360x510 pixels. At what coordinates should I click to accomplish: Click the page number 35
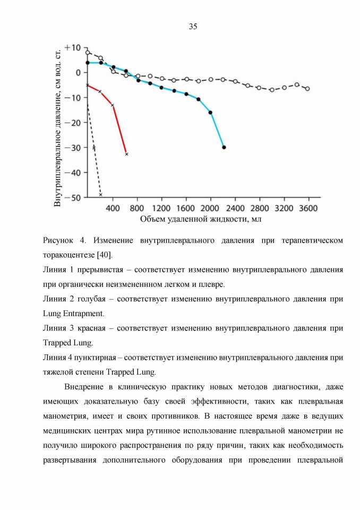(x=193, y=27)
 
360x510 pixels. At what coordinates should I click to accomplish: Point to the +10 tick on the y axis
(x=73, y=47)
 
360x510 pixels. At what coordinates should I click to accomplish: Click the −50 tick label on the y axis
(x=73, y=198)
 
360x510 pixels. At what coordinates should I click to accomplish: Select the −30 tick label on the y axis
(x=73, y=147)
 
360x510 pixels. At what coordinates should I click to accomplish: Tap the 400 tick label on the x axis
(x=113, y=208)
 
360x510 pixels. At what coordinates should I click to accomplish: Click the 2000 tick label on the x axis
(x=210, y=208)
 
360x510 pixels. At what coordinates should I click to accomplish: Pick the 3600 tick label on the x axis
(x=308, y=208)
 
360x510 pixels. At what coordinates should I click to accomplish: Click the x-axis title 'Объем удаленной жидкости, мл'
(x=201, y=219)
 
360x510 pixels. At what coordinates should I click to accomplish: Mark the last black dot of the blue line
(x=224, y=147)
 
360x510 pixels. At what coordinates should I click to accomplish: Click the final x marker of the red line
(x=126, y=154)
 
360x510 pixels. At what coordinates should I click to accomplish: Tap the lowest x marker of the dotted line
(x=100, y=194)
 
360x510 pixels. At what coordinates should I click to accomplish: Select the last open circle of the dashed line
(x=307, y=89)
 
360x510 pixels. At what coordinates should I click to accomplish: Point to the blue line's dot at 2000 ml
(x=210, y=113)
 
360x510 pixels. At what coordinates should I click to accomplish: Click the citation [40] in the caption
(x=105, y=255)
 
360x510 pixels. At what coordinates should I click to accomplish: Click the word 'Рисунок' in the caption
(x=58, y=241)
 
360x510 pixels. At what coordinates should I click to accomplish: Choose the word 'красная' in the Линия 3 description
(x=91, y=328)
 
